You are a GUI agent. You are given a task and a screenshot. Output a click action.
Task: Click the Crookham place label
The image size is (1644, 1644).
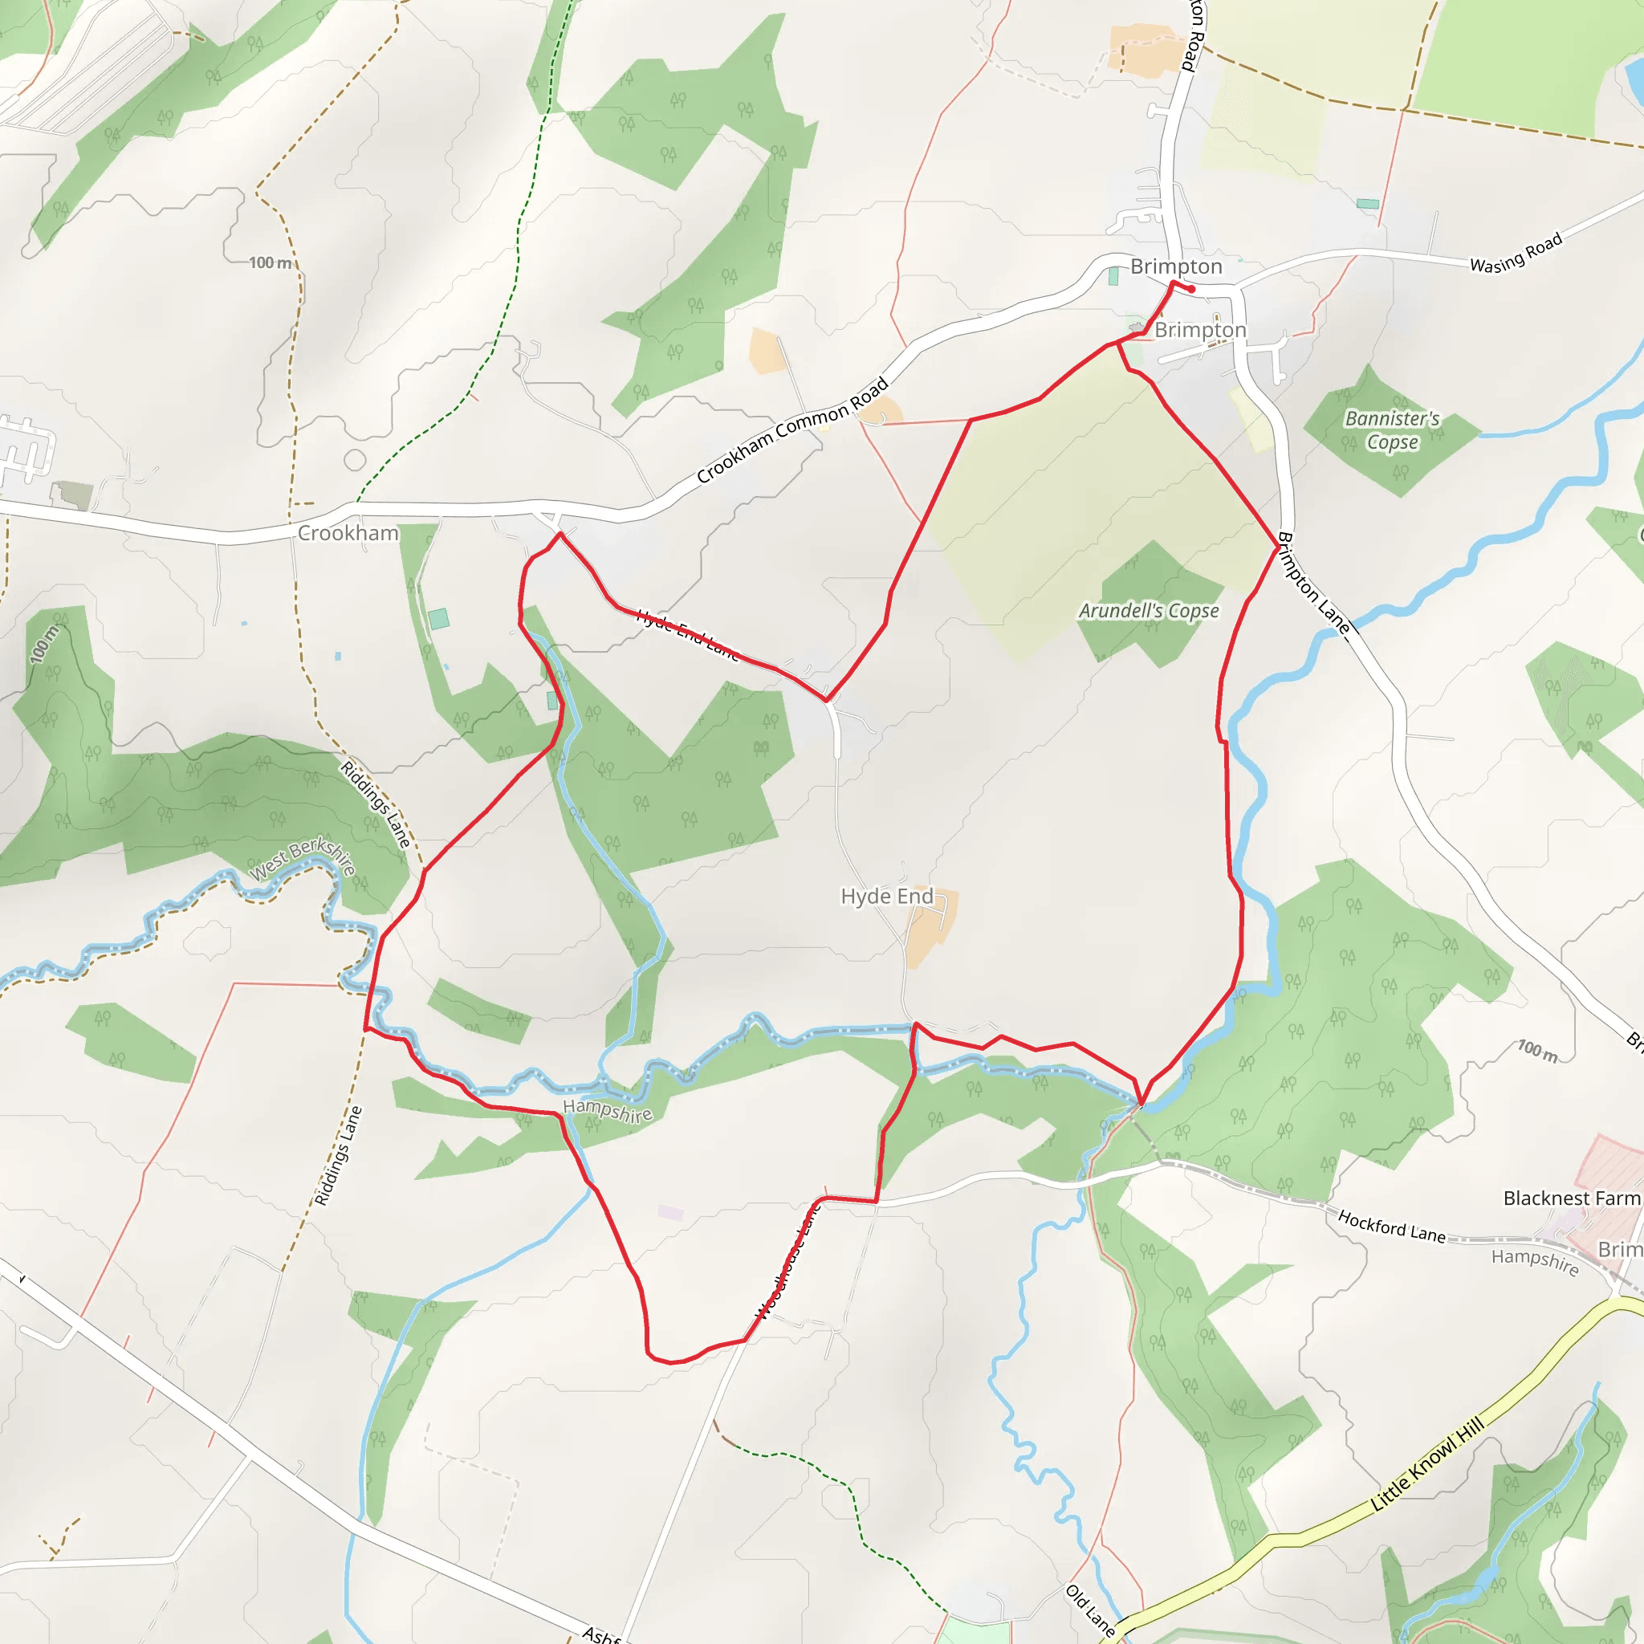coord(348,534)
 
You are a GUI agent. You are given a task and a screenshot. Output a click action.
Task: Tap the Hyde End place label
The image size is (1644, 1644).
coord(887,896)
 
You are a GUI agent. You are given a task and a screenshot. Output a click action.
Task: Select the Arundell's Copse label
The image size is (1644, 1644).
coord(1149,611)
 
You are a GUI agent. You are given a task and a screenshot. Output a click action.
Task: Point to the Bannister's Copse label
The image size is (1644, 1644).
coord(1392,429)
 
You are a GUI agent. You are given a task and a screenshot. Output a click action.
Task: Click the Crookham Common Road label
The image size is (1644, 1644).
coord(792,430)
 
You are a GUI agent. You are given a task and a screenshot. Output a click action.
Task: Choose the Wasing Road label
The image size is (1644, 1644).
coord(1516,253)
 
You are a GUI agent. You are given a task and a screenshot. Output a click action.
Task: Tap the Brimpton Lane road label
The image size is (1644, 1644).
coord(1314,583)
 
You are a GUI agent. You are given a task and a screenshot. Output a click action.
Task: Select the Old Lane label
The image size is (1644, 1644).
coord(1090,1610)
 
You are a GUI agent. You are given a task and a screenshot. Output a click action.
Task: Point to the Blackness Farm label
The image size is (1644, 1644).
coord(1571,1198)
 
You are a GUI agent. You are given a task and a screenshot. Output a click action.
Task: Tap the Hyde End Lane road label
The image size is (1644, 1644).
coord(688,635)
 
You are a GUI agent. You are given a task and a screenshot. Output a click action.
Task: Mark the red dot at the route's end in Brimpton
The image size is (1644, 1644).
coord(1192,289)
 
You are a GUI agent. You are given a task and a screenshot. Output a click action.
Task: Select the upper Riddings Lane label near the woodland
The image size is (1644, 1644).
coord(376,804)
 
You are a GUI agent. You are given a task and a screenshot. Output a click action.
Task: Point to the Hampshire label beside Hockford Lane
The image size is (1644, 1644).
coord(1535,1261)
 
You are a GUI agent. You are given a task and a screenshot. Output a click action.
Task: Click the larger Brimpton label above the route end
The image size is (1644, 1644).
coord(1176,267)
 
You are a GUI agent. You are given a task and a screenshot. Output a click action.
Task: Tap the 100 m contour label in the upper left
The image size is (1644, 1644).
coord(271,263)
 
